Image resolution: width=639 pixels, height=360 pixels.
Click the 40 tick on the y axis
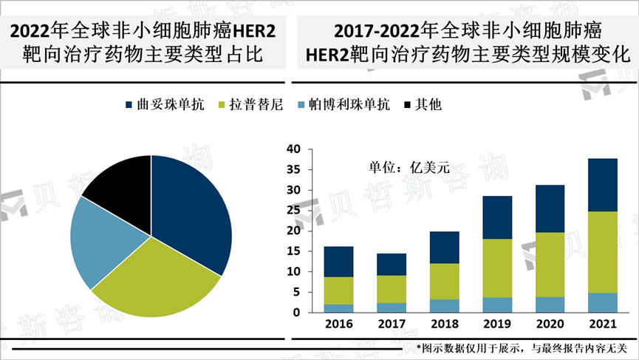tap(293, 149)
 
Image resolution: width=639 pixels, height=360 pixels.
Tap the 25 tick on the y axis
tap(293, 211)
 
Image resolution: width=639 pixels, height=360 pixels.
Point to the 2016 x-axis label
tap(338, 325)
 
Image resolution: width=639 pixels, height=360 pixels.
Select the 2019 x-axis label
tap(497, 325)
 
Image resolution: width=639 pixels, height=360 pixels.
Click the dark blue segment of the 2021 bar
tap(602, 185)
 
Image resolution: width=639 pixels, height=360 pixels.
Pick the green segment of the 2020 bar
tap(550, 265)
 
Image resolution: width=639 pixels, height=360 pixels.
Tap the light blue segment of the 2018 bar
tap(444, 306)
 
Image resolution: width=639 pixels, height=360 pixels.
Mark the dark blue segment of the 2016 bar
tap(338, 262)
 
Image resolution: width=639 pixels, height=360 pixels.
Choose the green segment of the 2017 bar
tap(392, 289)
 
